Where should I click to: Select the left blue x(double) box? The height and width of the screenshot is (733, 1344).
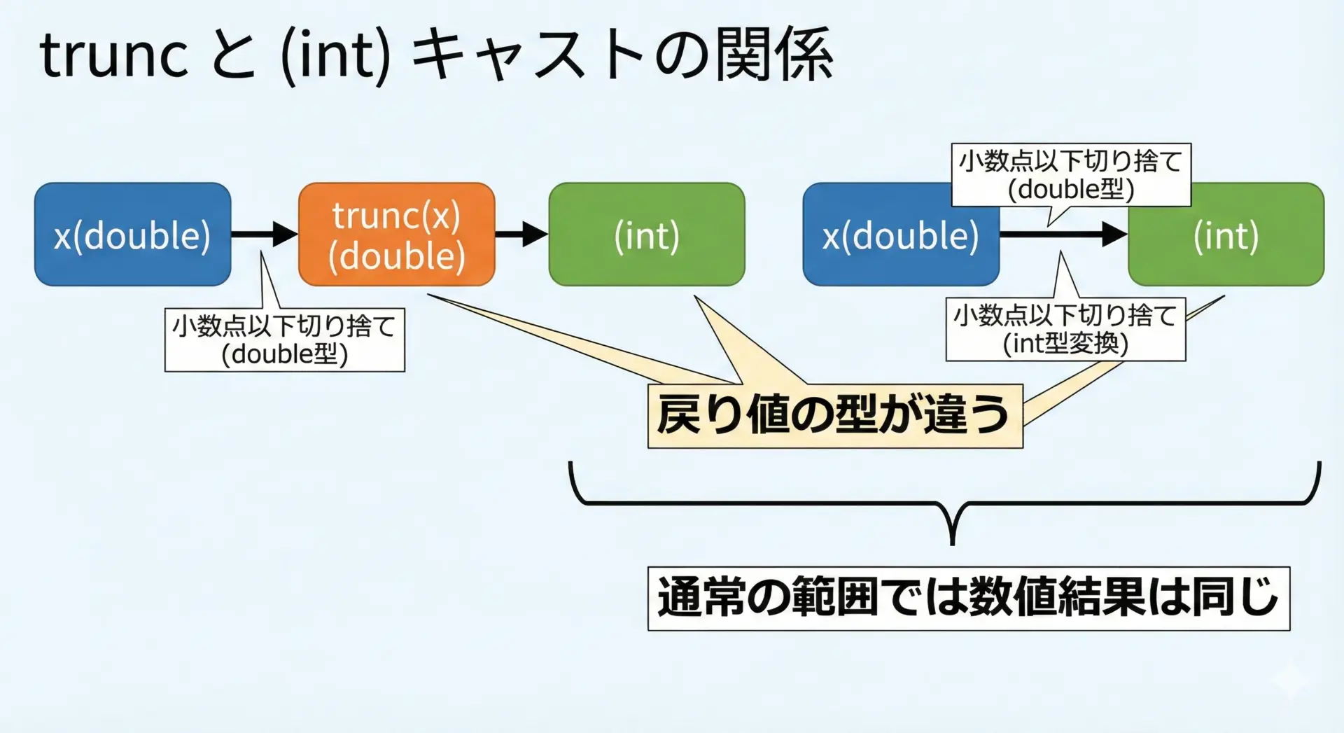132,235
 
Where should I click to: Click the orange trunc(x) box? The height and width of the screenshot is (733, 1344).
396,235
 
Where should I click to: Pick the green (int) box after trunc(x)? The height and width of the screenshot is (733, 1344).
646,235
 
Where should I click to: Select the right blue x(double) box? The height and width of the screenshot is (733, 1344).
900,235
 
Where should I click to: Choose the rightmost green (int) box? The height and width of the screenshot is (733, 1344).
1226,235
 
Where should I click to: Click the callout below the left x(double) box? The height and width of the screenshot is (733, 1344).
284,340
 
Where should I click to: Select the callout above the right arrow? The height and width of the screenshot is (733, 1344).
1070,175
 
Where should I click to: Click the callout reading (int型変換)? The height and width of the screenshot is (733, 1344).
1065,330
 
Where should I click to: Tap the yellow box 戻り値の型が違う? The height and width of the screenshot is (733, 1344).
834,415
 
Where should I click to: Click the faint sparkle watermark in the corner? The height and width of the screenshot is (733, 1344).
1291,679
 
